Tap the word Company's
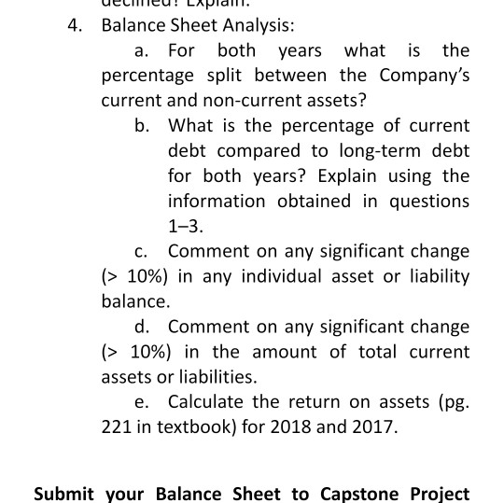point(424,75)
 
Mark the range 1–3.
point(185,226)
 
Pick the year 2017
point(372,428)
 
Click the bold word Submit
point(64,494)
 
